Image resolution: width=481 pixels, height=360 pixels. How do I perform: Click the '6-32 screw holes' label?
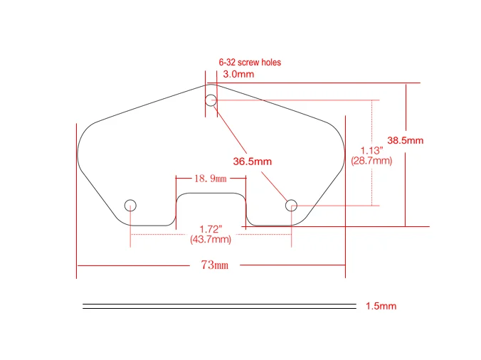pos(249,63)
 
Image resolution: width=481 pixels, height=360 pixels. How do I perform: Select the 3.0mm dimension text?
pos(238,74)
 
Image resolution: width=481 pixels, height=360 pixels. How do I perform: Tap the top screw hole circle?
pos(211,100)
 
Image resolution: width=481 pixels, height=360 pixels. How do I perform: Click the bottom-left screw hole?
pos(130,206)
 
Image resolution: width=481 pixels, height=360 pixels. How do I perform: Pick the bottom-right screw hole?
pos(291,206)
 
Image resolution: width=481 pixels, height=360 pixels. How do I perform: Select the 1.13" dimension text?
pos(371,151)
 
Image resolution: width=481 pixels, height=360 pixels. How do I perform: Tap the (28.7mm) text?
pos(371,162)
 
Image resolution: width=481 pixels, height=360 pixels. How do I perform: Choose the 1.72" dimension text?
pos(211,229)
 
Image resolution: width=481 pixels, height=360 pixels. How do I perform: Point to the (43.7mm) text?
pos(211,240)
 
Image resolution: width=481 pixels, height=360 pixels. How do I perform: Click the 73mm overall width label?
pos(214,265)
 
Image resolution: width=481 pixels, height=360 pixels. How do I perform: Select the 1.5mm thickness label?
pos(381,307)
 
